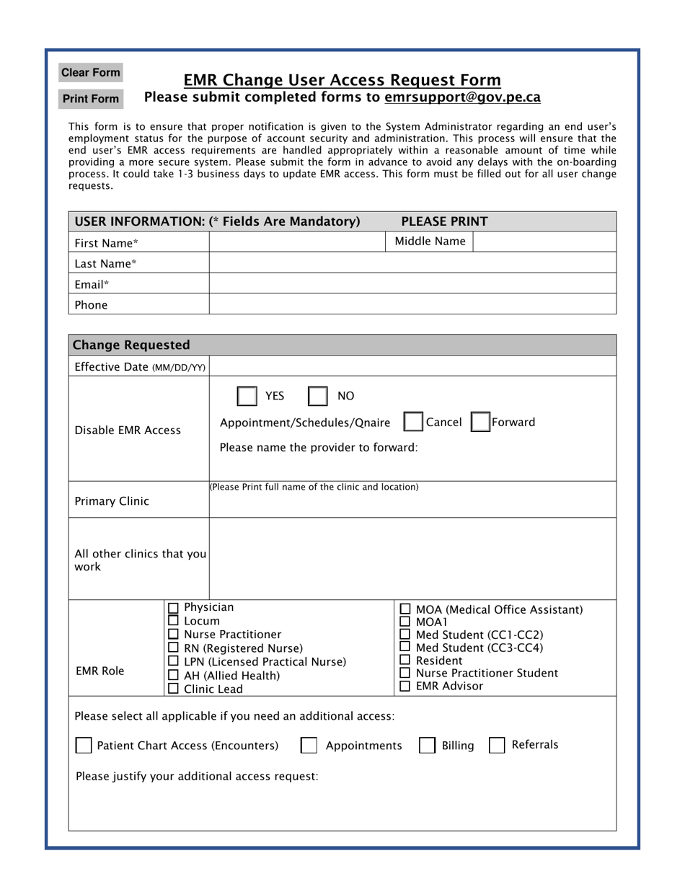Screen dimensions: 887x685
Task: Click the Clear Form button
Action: (90, 73)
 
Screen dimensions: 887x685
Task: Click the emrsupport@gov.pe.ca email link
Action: (462, 97)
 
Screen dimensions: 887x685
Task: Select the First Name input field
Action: (297, 242)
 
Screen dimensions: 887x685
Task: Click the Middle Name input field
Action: (544, 242)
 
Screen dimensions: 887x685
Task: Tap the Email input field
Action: (412, 284)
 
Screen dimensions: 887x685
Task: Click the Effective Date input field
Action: (412, 366)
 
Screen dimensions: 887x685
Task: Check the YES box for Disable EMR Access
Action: (247, 397)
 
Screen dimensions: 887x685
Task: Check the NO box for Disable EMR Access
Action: (318, 397)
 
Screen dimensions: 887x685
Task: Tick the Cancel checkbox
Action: (413, 423)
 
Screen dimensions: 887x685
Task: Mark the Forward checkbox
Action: (480, 423)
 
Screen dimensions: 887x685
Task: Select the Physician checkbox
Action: (173, 608)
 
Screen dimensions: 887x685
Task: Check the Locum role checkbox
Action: (173, 621)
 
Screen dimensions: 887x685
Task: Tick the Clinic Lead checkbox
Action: (173, 689)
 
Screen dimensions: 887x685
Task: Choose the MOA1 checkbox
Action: (406, 622)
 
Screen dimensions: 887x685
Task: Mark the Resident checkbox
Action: (406, 660)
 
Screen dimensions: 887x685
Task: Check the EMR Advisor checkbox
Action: (406, 687)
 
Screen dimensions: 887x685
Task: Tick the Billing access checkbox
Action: (428, 746)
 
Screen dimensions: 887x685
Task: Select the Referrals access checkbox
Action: (497, 746)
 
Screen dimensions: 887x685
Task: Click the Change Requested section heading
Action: (132, 345)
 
